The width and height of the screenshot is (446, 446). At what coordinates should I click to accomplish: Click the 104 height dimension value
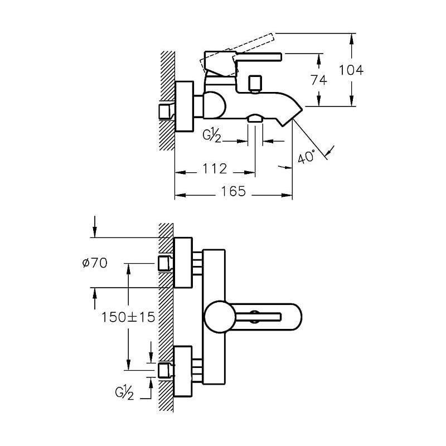[351, 70]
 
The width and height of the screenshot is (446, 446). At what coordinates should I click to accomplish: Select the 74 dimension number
[318, 80]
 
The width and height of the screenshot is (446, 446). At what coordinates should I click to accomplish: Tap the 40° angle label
[306, 157]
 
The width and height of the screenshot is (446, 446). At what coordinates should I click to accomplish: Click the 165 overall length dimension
[233, 191]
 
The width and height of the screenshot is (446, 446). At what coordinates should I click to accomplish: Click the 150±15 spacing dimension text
[128, 317]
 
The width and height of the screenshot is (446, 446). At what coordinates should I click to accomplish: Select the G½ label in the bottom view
[125, 395]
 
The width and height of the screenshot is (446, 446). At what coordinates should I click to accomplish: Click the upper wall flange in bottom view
[183, 262]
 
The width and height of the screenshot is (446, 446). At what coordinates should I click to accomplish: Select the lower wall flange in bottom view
[183, 371]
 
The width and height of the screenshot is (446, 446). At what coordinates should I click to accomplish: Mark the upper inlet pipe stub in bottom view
[164, 263]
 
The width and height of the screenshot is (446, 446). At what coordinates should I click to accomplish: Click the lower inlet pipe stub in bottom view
[164, 370]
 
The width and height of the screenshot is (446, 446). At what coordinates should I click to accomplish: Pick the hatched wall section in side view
[167, 100]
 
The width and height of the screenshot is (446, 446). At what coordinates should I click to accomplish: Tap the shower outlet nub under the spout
[255, 118]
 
